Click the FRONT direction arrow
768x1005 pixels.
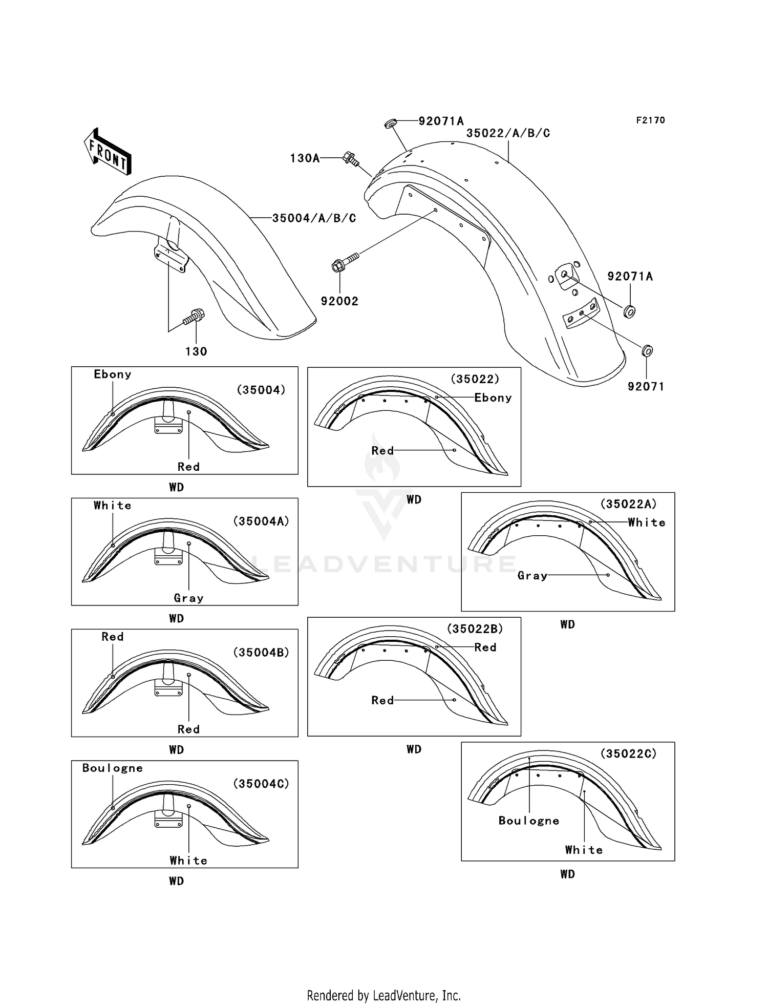[x=108, y=152]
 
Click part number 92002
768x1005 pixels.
[x=339, y=301]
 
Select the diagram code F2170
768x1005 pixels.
[x=650, y=120]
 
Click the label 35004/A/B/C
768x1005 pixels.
[x=314, y=218]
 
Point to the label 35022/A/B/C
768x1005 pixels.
[x=508, y=133]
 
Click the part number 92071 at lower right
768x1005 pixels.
[x=646, y=387]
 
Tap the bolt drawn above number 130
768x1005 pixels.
[x=195, y=316]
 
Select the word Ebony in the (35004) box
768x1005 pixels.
[x=112, y=374]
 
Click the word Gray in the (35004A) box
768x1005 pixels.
[x=188, y=598]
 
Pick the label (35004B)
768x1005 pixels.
[x=261, y=653]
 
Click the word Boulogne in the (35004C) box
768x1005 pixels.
[x=112, y=768]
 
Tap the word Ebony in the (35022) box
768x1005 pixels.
[x=493, y=398]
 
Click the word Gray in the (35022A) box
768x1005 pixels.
[x=532, y=576]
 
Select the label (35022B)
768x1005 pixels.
[x=475, y=629]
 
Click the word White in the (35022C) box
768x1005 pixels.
[x=584, y=850]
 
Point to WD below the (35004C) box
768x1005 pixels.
[x=176, y=881]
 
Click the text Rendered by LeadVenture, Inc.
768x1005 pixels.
[x=383, y=995]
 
